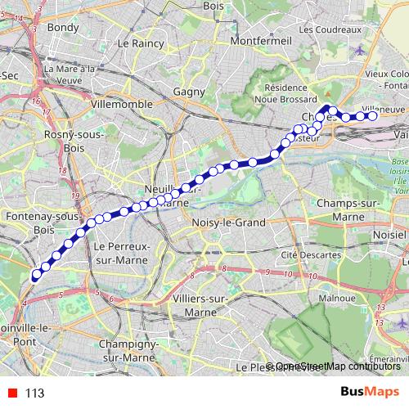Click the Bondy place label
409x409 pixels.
pyautogui.click(x=63, y=27)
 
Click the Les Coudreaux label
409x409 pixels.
pyautogui.click(x=333, y=29)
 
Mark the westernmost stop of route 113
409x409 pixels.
pyautogui.click(x=35, y=276)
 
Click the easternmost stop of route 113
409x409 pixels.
pyautogui.click(x=372, y=116)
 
